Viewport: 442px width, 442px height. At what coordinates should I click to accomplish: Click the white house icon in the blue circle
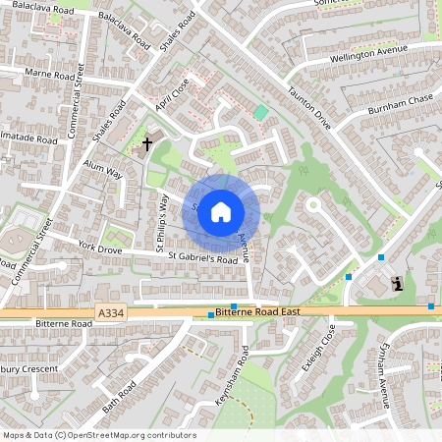point(221,212)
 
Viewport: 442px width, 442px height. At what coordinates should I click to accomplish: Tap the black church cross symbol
point(147,144)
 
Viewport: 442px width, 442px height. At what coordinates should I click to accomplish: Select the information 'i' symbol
point(397,284)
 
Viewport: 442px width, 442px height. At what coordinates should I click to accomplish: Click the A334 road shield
point(111,312)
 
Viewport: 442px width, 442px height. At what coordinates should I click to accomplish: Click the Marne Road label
point(50,74)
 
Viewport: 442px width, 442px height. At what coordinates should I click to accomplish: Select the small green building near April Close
point(260,112)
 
